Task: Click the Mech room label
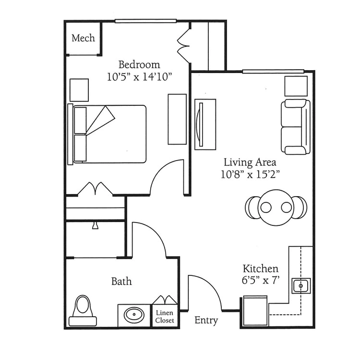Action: (83, 38)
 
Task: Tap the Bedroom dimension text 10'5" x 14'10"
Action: (139, 77)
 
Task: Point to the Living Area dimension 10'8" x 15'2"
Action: (250, 174)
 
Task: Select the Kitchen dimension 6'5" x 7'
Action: (261, 281)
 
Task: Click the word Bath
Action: (121, 281)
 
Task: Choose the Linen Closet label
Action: (165, 317)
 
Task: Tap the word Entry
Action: (206, 320)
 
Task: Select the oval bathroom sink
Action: (134, 315)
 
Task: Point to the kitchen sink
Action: (301, 286)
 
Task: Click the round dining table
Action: (276, 208)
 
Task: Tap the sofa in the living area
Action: (296, 127)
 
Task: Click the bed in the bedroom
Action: (107, 134)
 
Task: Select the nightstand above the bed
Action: (79, 90)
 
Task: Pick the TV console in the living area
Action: (205, 124)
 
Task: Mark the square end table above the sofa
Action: (296, 86)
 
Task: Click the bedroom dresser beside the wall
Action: (177, 119)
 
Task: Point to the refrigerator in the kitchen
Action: (255, 310)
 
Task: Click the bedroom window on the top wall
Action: (145, 21)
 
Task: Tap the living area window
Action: (273, 72)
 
